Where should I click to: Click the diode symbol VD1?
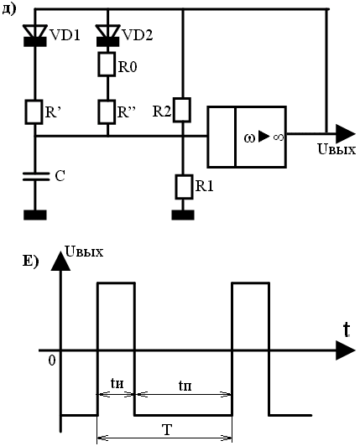tap(34, 35)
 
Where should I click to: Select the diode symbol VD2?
tap(107, 35)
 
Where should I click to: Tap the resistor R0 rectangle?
tap(107, 65)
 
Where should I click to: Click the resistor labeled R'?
tap(34, 112)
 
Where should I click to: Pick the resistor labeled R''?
tap(107, 112)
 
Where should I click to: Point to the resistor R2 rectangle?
tap(182, 110)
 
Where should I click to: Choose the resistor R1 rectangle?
tap(184, 187)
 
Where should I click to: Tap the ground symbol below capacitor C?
tap(34, 215)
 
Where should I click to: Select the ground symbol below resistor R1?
tap(183, 215)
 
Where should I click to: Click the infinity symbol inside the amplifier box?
tap(279, 137)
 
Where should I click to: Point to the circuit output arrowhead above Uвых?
tap(346, 133)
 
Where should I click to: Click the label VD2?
tap(138, 35)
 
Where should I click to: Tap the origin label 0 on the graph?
tap(52, 360)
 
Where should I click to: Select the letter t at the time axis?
tap(347, 330)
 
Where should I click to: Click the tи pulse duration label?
tap(117, 384)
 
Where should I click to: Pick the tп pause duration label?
tap(185, 386)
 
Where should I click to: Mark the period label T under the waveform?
tap(167, 429)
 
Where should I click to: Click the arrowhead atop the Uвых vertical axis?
tap(60, 261)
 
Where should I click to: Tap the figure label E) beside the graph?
tap(30, 261)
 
